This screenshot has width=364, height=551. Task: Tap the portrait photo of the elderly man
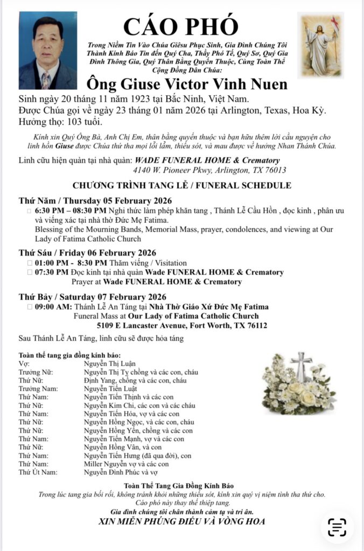pyautogui.click(x=48, y=51)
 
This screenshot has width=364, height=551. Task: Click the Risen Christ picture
pyautogui.click(x=320, y=45)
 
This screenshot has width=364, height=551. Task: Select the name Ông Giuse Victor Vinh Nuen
pyautogui.click(x=187, y=84)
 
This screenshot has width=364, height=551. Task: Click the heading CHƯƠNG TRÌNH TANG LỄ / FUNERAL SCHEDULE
pyautogui.click(x=181, y=185)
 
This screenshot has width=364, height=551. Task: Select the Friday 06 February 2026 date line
pyautogui.click(x=87, y=253)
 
